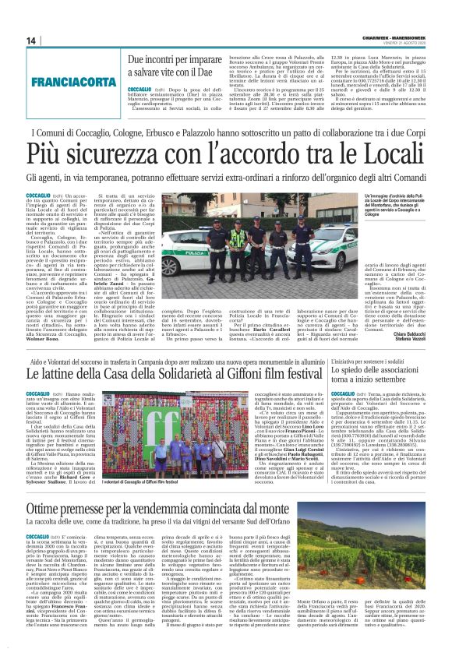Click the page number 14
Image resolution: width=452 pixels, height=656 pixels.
32,41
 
